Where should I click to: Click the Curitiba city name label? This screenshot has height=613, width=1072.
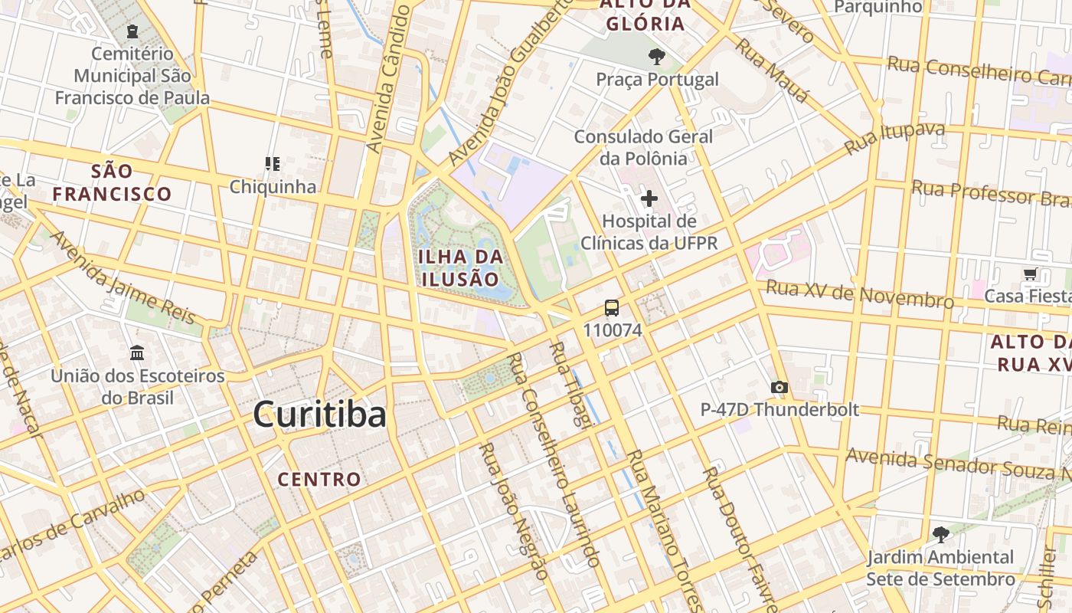click(x=319, y=415)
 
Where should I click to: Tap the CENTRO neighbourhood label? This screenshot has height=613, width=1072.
click(x=319, y=480)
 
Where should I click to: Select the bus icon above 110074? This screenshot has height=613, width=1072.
click(x=612, y=308)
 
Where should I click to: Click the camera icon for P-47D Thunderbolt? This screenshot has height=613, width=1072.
click(x=779, y=388)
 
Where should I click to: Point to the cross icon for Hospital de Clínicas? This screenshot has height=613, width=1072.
click(x=649, y=199)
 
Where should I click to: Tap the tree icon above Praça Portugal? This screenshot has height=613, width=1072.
click(x=656, y=56)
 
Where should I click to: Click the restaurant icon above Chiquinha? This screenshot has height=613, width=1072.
click(x=273, y=164)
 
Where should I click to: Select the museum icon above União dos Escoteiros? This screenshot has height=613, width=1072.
click(x=137, y=353)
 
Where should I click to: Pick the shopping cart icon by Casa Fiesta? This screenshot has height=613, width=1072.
click(x=1030, y=274)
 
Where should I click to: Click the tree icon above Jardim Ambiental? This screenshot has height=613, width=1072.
click(x=940, y=534)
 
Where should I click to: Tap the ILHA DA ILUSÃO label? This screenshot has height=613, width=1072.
click(x=461, y=267)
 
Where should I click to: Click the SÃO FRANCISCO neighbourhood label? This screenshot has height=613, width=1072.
click(x=113, y=182)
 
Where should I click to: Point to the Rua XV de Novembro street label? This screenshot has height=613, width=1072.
click(x=860, y=293)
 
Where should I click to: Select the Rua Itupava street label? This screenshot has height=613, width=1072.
click(x=894, y=138)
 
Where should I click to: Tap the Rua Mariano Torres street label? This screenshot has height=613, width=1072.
click(x=663, y=526)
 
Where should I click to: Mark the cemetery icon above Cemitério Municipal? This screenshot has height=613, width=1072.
click(x=132, y=31)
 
